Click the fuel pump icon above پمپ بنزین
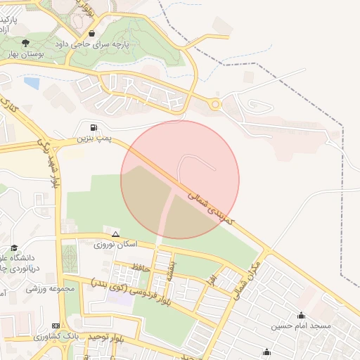pyautogui.click(x=93, y=127)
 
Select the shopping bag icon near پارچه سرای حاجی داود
pyautogui.click(x=91, y=33)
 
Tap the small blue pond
pyautogui.click(x=32, y=82)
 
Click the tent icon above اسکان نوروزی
pyautogui.click(x=115, y=233)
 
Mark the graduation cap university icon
pyautogui.click(x=14, y=247)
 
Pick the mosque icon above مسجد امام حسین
pyautogui.click(x=302, y=315)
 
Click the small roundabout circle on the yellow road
pyautogui.click(x=215, y=105)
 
